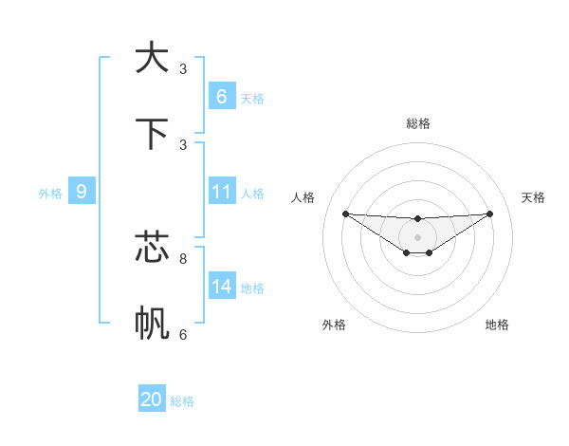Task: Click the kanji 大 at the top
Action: [x=152, y=58]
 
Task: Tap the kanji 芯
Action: [x=152, y=248]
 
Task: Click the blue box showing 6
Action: [x=222, y=96]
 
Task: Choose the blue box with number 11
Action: [x=222, y=192]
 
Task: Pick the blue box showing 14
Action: [x=222, y=287]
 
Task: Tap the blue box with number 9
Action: [x=82, y=192]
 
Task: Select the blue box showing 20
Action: [x=152, y=400]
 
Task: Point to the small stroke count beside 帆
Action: [x=183, y=334]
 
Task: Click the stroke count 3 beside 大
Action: [x=183, y=68]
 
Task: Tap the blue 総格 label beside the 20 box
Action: [x=182, y=401]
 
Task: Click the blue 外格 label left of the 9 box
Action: [x=50, y=194]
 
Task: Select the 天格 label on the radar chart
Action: [x=533, y=197]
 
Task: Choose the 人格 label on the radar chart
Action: [x=303, y=197]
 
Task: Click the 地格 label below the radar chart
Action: [x=497, y=325]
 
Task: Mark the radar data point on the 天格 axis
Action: [x=490, y=214]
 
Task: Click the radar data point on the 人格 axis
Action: [x=345, y=214]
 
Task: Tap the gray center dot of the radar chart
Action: [x=417, y=237]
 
